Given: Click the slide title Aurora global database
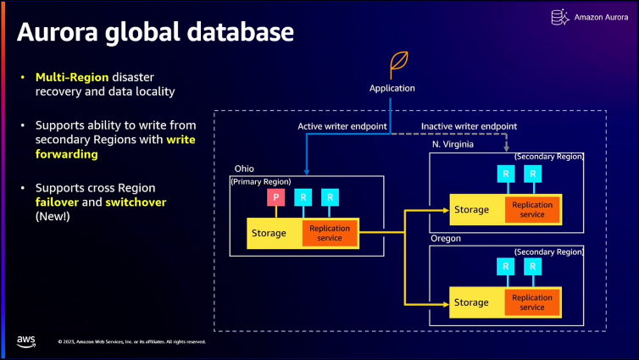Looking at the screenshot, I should pos(155,33).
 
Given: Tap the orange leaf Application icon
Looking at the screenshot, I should pos(397,64).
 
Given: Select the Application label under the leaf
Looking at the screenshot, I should pos(392,88).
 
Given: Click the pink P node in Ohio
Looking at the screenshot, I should pos(275,197).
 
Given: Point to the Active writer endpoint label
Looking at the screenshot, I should pos(342,126).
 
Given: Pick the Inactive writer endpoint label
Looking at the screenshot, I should pos(470,126).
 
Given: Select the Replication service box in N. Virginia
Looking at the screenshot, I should pos(532,210).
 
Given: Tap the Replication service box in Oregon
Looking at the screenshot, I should pos(532,302).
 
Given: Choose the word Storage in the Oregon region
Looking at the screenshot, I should pos(471,302).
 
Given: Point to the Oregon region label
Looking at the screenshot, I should pos(446,239).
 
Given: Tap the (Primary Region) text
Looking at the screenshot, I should pos(260,181).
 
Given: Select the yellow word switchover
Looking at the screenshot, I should pos(136,202).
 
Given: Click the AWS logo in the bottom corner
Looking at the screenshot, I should pos(25,341).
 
